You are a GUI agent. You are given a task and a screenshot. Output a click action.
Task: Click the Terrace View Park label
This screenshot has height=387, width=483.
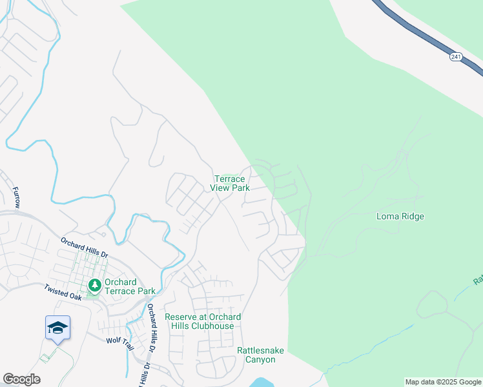pyautogui.click(x=230, y=184)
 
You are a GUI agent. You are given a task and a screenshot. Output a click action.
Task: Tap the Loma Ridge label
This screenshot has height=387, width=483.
pyautogui.click(x=400, y=217)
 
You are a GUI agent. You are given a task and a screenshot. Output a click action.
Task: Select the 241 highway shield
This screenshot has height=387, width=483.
pyautogui.click(x=456, y=57)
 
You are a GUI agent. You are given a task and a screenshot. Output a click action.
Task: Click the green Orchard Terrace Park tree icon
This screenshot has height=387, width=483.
pyautogui.click(x=95, y=284)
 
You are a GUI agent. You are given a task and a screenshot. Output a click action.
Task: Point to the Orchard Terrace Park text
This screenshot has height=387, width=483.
pyautogui.click(x=121, y=286)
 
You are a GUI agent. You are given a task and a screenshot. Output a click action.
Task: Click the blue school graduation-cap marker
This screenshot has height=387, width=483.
pyautogui.click(x=57, y=328)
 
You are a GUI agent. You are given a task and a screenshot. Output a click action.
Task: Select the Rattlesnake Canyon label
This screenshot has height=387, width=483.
pyautogui.click(x=260, y=355)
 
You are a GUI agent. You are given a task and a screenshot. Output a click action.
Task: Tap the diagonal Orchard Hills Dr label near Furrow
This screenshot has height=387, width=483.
pyautogui.click(x=84, y=248)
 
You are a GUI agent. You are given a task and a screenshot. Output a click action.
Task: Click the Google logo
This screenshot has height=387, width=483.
pyautogui.click(x=21, y=379)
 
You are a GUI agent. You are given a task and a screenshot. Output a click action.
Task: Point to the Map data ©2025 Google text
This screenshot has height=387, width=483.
pyautogui.click(x=442, y=382)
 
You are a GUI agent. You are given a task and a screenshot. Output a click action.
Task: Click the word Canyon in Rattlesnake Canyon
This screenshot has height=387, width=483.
pyautogui.click(x=260, y=359)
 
